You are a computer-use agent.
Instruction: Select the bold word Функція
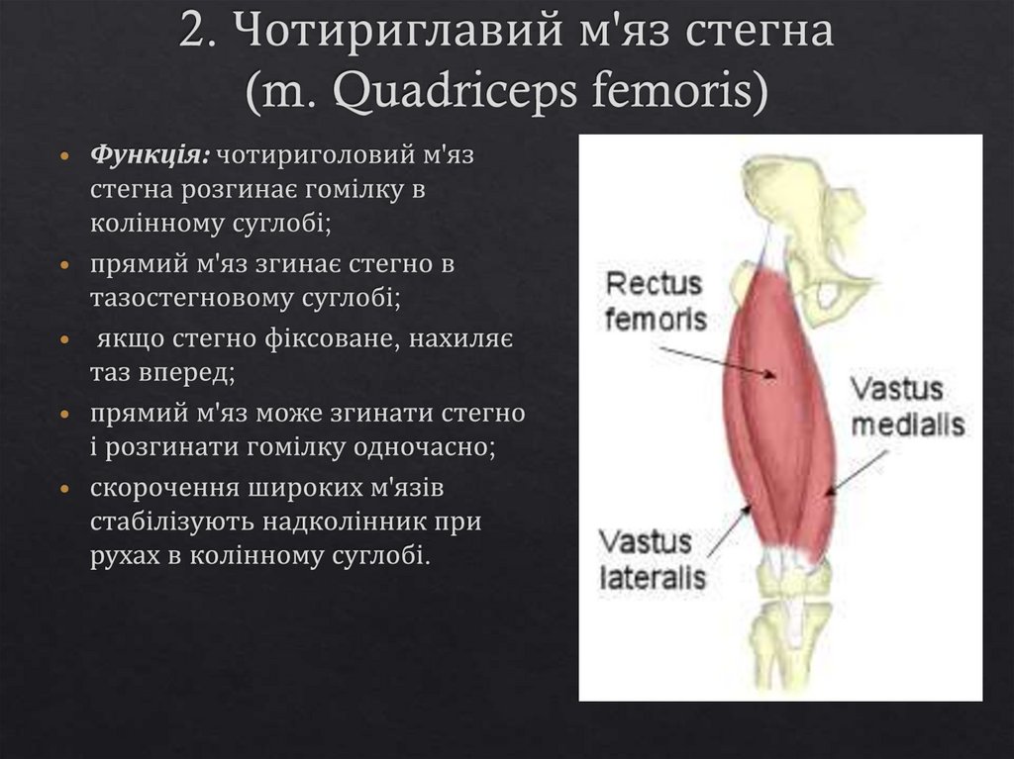pyautogui.click(x=150, y=155)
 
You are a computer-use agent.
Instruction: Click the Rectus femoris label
pyautogui.click(x=655, y=301)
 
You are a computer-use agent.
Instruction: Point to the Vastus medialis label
pyautogui.click(x=908, y=406)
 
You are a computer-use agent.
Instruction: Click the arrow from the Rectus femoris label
pyautogui.click(x=719, y=362)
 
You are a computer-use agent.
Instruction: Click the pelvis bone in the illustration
pyautogui.click(x=802, y=228)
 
